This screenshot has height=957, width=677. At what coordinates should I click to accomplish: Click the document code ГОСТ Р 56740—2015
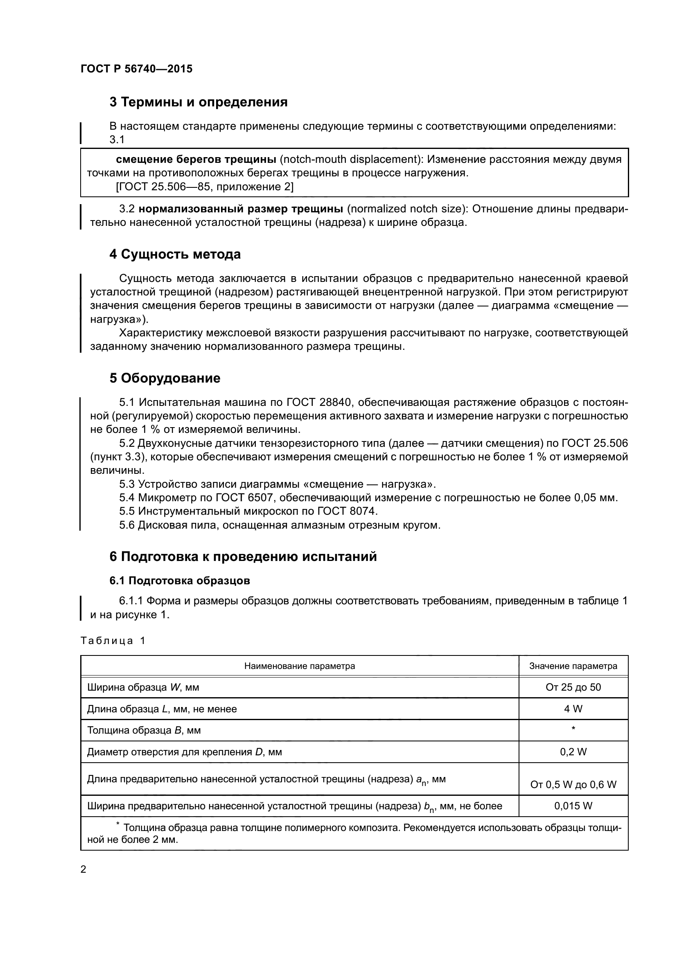point(136,69)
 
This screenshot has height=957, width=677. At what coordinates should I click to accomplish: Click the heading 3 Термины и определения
point(199,102)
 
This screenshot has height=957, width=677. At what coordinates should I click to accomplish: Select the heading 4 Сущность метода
point(175,254)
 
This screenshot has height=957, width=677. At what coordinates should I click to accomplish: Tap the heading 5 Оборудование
point(165,378)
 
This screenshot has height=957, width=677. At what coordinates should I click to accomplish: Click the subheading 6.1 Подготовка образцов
point(180,580)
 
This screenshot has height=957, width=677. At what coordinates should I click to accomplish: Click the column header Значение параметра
point(573,666)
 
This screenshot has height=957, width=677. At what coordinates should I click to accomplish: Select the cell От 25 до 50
point(573,687)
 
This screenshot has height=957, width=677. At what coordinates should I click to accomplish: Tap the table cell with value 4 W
point(573,709)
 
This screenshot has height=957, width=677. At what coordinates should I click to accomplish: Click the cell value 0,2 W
point(573,752)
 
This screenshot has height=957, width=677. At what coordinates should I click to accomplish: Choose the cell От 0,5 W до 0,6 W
point(573,784)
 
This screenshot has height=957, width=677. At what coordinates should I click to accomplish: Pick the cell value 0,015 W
point(573,806)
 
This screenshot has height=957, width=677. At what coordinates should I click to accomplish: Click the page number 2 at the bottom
point(83,869)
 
